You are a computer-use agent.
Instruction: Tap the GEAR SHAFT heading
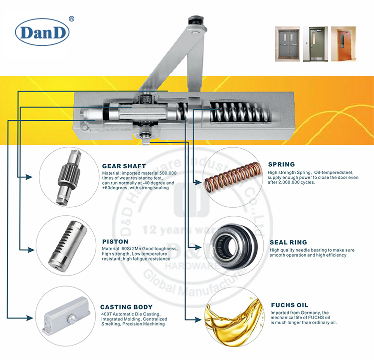tap(124, 166)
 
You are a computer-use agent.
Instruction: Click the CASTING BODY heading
tap(126, 307)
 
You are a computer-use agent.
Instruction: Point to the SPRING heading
tap(281, 164)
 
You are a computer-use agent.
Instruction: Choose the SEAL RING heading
tap(289, 242)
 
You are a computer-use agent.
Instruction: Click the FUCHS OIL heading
tap(289, 305)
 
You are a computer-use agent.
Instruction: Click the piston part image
tap(68, 245)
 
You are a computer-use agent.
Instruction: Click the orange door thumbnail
tap(344, 44)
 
